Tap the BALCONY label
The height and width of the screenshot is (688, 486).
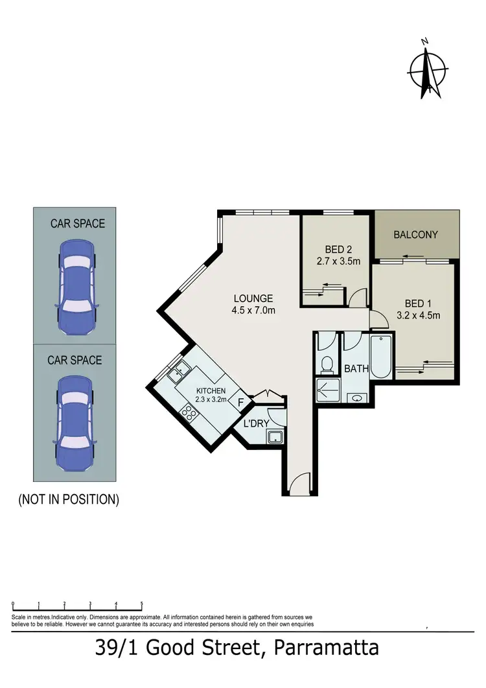click(x=416, y=235)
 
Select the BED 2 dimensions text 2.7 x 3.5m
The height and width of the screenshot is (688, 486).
click(x=333, y=261)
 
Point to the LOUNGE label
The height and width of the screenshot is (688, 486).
click(x=253, y=299)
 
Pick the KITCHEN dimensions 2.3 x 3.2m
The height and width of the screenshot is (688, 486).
click(x=211, y=400)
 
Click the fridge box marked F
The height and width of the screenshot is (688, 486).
click(x=241, y=403)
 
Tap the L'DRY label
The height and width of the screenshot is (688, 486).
click(x=257, y=423)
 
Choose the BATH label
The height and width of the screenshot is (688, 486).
click(x=356, y=369)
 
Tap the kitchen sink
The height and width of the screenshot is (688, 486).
click(x=178, y=372)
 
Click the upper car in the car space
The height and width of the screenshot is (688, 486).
click(x=75, y=287)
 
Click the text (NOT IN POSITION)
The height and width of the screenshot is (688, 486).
click(x=69, y=499)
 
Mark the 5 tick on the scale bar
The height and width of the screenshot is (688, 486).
click(x=141, y=604)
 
